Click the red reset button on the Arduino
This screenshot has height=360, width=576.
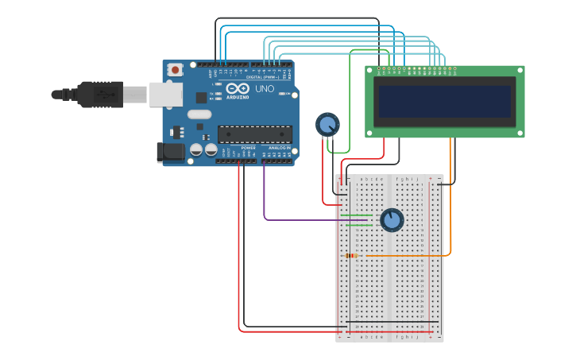coord(175,70)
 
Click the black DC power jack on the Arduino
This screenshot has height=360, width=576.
coord(170,151)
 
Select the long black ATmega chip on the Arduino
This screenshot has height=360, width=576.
coord(254,134)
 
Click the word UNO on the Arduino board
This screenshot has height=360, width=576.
coord(264,89)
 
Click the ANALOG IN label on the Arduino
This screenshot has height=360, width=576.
coord(277,148)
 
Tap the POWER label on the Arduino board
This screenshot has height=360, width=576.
coord(248,148)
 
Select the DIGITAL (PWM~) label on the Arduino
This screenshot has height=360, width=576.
coord(262,77)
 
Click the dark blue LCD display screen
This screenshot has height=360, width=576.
coord(444,102)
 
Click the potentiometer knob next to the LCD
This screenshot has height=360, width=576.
coord(327,124)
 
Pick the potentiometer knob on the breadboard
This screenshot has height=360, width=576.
coord(392,219)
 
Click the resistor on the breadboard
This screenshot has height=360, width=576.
coord(351,255)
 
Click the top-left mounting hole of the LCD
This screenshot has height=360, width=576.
coord(370,71)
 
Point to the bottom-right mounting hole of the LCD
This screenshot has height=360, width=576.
coord(520,133)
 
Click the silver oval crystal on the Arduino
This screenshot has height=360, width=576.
coord(199,114)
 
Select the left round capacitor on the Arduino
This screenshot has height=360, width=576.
coord(196,149)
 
